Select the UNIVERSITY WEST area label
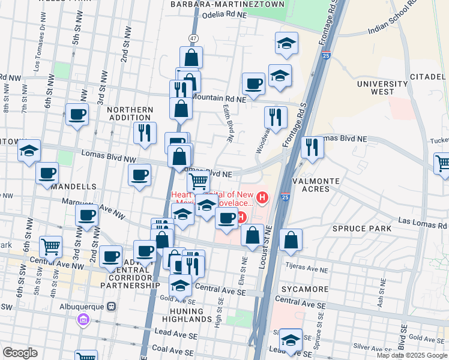click(382, 88)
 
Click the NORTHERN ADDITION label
click(130, 114)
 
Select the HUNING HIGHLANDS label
click(187, 314)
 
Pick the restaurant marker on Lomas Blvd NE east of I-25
click(312, 146)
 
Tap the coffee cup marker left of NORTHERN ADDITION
click(77, 114)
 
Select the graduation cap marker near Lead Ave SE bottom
click(291, 340)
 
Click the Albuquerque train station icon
click(111, 307)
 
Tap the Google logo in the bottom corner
click(20, 353)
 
